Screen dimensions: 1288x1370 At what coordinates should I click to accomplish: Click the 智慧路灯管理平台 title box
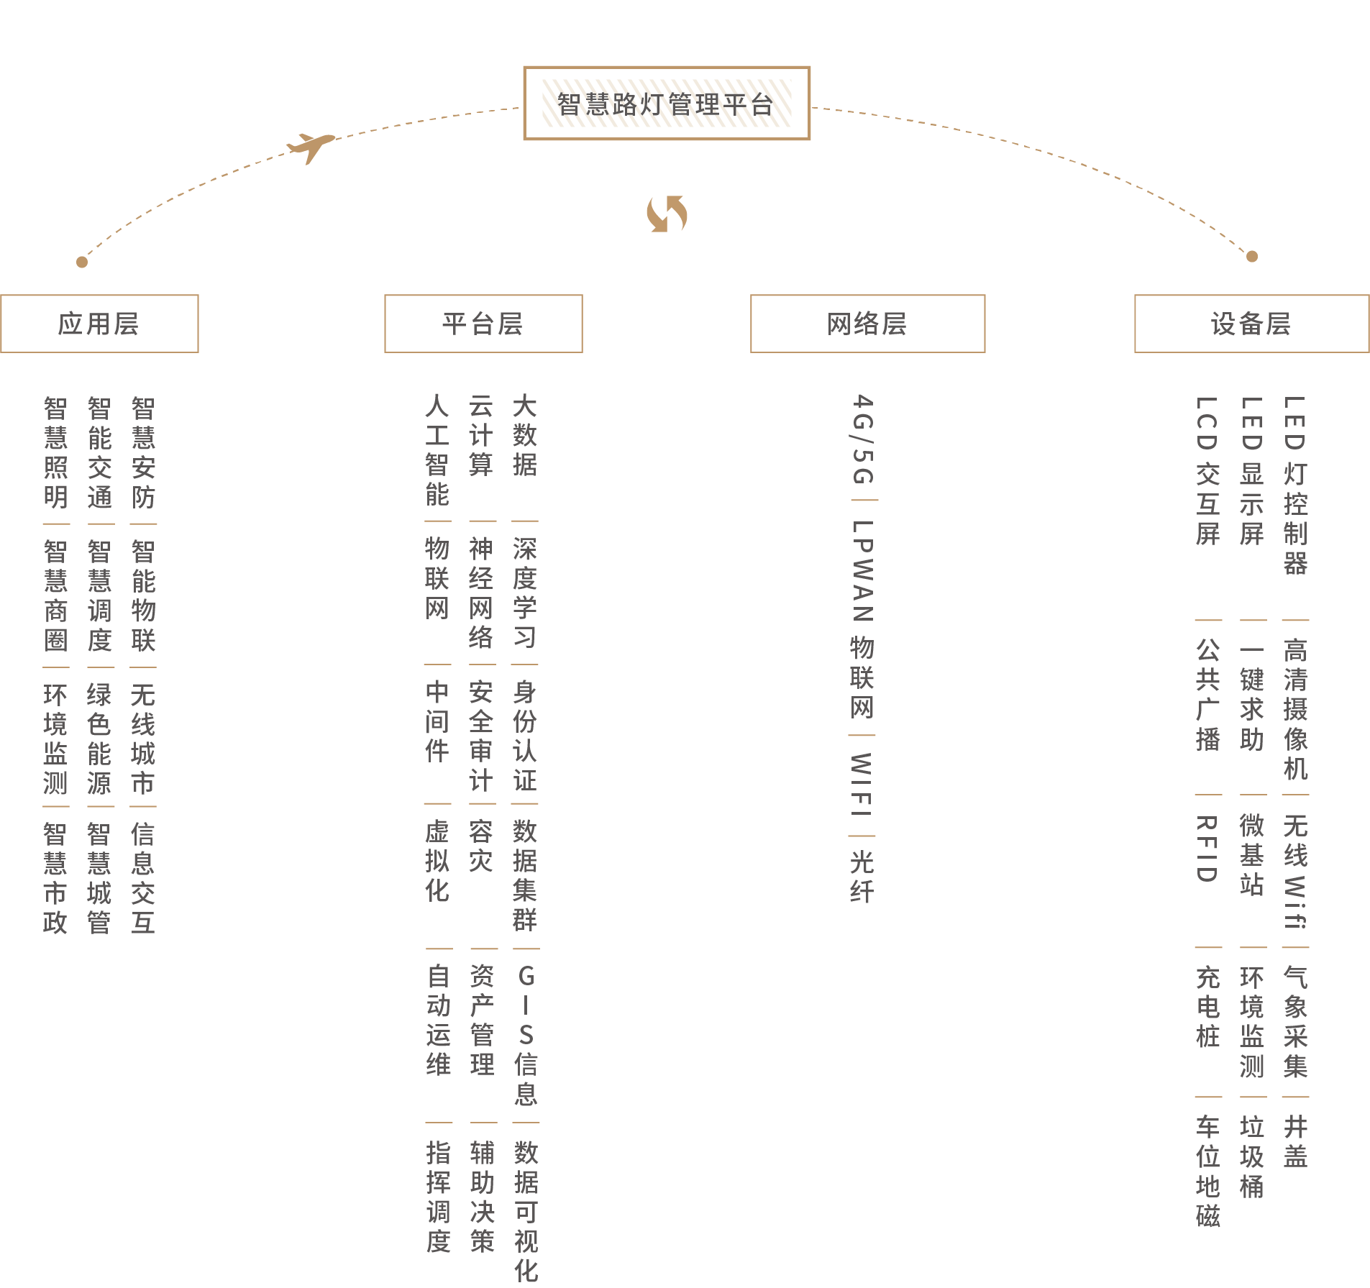click(x=666, y=104)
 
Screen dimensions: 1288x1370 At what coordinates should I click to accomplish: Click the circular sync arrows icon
click(x=667, y=214)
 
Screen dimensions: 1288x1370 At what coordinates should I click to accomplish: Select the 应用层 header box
click(x=99, y=324)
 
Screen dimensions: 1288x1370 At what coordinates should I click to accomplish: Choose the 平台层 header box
click(x=483, y=324)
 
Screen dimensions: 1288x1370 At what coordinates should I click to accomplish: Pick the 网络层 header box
click(x=867, y=324)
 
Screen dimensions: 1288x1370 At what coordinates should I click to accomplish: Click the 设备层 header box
click(x=1251, y=324)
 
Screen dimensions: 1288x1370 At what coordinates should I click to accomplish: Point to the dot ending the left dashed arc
click(x=82, y=262)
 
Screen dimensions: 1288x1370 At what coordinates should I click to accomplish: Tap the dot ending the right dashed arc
click(x=1252, y=256)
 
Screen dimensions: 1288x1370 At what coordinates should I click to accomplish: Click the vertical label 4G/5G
click(x=862, y=439)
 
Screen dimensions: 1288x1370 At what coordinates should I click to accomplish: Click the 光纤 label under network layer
click(x=862, y=877)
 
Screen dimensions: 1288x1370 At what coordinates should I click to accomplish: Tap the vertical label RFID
click(x=1207, y=849)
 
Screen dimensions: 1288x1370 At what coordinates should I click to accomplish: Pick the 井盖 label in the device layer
click(x=1295, y=1142)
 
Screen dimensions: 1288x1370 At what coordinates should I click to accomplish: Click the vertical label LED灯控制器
click(x=1295, y=485)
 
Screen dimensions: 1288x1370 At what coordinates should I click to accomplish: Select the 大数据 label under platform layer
click(x=525, y=436)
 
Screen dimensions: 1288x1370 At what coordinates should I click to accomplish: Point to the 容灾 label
click(x=480, y=846)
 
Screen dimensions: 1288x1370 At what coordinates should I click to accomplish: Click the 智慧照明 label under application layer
click(x=55, y=453)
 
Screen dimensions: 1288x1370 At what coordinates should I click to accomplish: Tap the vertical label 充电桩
click(x=1207, y=1007)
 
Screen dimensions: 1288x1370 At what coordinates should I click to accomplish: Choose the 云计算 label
click(x=480, y=436)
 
